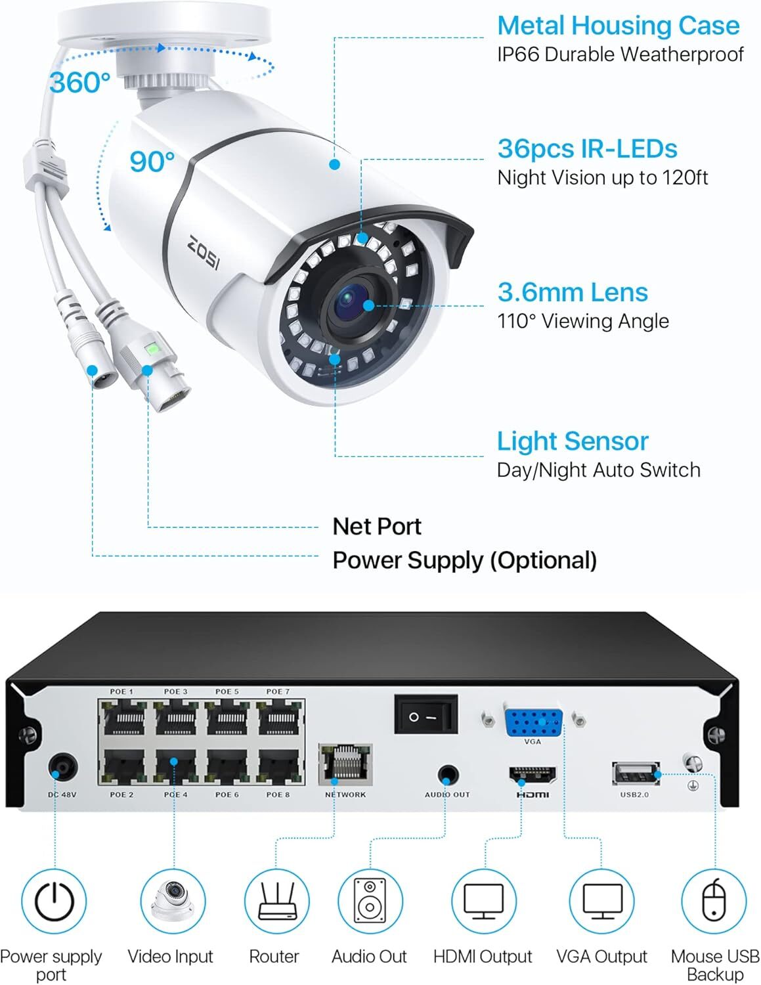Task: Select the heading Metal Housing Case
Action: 618,26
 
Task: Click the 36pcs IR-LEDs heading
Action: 587,148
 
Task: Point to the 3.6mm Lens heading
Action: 573,292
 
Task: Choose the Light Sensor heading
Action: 573,441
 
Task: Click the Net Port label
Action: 377,527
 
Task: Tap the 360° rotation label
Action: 80,83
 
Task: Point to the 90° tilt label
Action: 152,161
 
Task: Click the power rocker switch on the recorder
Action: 425,715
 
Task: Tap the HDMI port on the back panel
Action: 533,775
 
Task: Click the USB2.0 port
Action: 636,774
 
